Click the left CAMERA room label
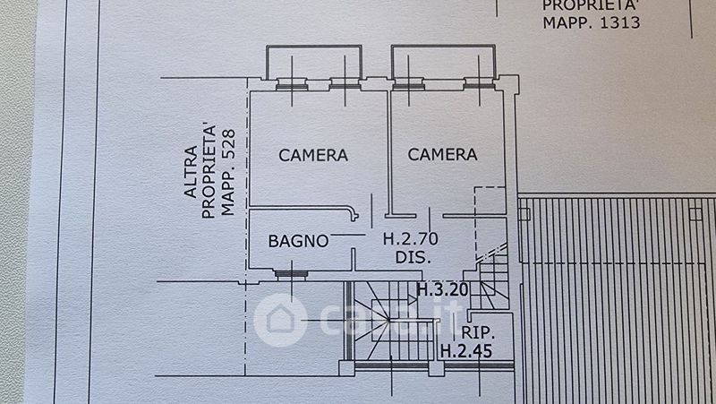tap(313, 155)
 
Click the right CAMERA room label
tap(442, 155)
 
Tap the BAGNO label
tap(299, 240)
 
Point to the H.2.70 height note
tap(410, 239)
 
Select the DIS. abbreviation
tap(413, 257)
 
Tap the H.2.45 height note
tap(465, 349)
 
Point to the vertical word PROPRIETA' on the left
tap(208, 170)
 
